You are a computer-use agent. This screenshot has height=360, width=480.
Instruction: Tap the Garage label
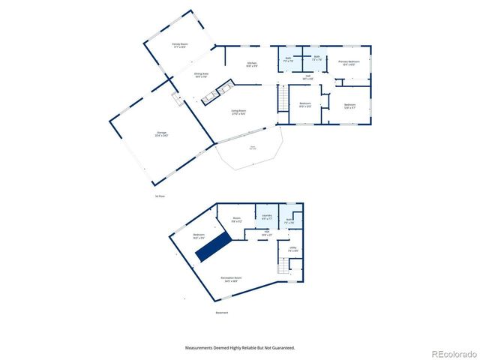(161, 134)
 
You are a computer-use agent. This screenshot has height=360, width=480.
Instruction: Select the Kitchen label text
(253, 64)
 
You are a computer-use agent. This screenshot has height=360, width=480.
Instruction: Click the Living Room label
(239, 112)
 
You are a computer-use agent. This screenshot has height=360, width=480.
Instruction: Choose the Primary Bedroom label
(349, 62)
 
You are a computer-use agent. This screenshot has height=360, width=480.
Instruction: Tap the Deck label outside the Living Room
(253, 148)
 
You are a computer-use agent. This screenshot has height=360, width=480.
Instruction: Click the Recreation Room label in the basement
(231, 279)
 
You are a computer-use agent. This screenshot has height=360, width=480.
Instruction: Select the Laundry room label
(267, 217)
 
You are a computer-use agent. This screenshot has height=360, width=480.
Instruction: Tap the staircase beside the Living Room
(283, 98)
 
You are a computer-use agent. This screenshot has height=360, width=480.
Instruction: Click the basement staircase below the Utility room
(283, 266)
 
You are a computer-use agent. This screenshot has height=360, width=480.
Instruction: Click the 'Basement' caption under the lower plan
(221, 313)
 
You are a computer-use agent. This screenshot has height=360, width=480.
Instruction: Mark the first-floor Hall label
(307, 77)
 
